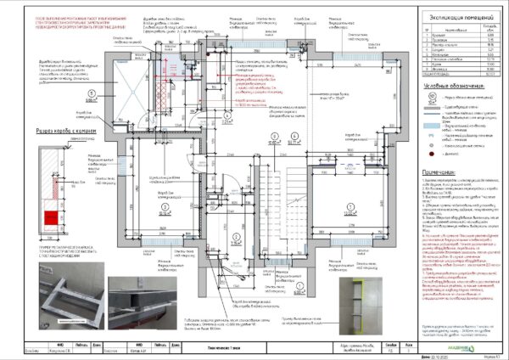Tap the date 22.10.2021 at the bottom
click(x=436, y=355)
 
